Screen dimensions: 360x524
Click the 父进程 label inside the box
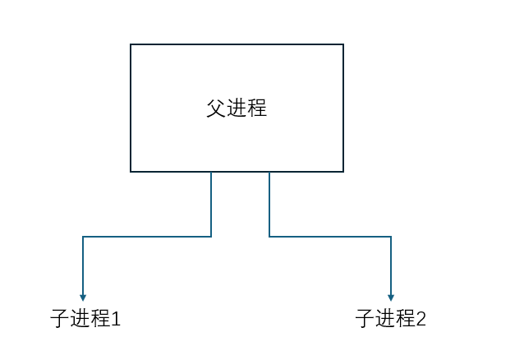pyautogui.click(x=237, y=108)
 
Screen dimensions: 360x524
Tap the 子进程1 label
pyautogui.click(x=85, y=319)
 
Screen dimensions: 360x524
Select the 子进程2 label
pyautogui.click(x=391, y=319)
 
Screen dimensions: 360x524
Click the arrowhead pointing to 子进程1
pyautogui.click(x=83, y=298)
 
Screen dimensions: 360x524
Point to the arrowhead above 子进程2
pyautogui.click(x=391, y=298)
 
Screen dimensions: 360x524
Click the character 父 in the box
pyautogui.click(x=216, y=108)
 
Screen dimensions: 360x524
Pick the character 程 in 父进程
pyautogui.click(x=257, y=108)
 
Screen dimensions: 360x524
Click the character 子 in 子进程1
pyautogui.click(x=59, y=319)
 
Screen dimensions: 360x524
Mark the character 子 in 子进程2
pyautogui.click(x=365, y=319)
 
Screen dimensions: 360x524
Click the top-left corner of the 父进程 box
pyautogui.click(x=131, y=44)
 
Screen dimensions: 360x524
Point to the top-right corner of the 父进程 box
pyautogui.click(x=343, y=44)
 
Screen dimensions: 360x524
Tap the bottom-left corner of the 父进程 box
pyautogui.click(x=131, y=171)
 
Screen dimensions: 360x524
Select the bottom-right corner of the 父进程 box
pyautogui.click(x=343, y=171)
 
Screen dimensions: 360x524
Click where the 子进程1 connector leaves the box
pyautogui.click(x=211, y=172)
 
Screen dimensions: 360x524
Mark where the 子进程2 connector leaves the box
pyautogui.click(x=269, y=172)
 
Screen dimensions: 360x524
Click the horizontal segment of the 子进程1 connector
pyautogui.click(x=147, y=237)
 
